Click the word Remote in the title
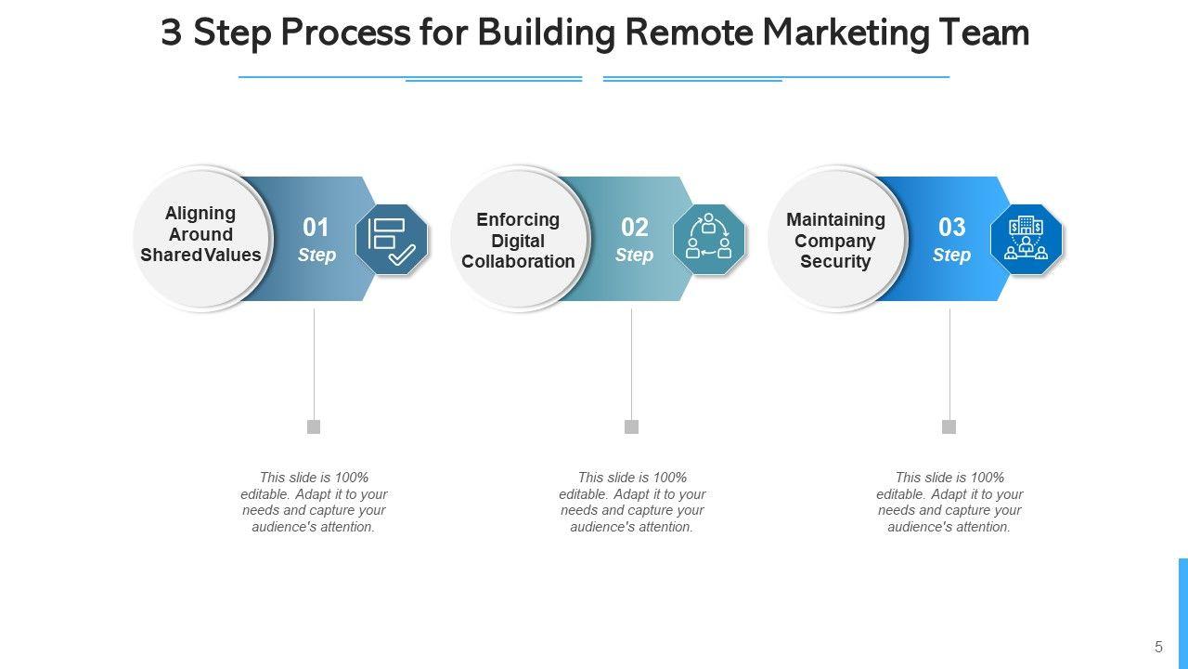(689, 32)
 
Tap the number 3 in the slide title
(172, 33)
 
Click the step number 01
(316, 228)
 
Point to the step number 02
(634, 228)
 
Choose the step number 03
(952, 228)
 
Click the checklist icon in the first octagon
(392, 240)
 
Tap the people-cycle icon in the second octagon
(708, 237)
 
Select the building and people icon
(1027, 238)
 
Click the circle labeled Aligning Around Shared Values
(201, 238)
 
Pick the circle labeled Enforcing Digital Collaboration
(519, 239)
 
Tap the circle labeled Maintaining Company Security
(836, 239)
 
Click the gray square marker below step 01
(314, 426)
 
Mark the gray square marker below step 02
(631, 426)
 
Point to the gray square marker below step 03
(949, 426)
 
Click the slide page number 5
(1158, 647)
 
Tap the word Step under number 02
(634, 256)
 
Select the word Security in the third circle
(835, 262)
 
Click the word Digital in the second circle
(518, 241)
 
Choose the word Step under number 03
(952, 256)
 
